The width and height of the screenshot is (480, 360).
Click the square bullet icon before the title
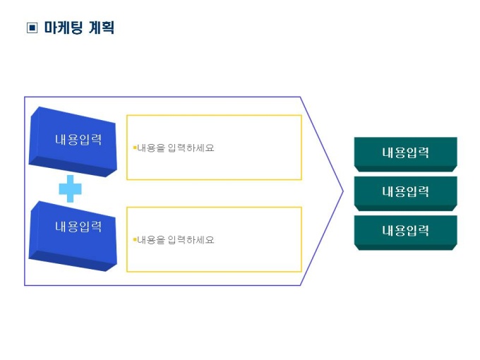tap(31, 28)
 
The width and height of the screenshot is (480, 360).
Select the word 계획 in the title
tap(101, 28)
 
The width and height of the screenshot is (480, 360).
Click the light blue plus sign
tap(70, 188)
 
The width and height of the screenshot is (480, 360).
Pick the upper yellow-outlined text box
tap(214, 148)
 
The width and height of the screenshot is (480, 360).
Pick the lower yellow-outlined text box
tap(214, 239)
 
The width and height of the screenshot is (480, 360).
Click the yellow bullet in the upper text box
tap(134, 148)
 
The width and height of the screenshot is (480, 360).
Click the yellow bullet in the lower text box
tap(134, 239)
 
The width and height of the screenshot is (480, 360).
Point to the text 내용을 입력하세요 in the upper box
tap(176, 148)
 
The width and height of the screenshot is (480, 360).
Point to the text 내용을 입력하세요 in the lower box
tap(176, 240)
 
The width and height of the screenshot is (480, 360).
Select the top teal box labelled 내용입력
tap(405, 153)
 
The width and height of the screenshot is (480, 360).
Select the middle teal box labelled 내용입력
tap(405, 192)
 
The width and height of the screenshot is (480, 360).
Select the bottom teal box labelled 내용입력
tap(405, 231)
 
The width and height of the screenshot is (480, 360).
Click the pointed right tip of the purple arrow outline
tap(343, 191)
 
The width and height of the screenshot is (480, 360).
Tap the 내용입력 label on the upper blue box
tap(78, 139)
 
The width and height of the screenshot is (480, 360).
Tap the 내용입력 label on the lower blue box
tap(78, 227)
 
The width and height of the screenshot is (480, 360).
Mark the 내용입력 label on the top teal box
tap(405, 152)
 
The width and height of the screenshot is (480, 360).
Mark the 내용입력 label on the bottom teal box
tap(405, 230)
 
